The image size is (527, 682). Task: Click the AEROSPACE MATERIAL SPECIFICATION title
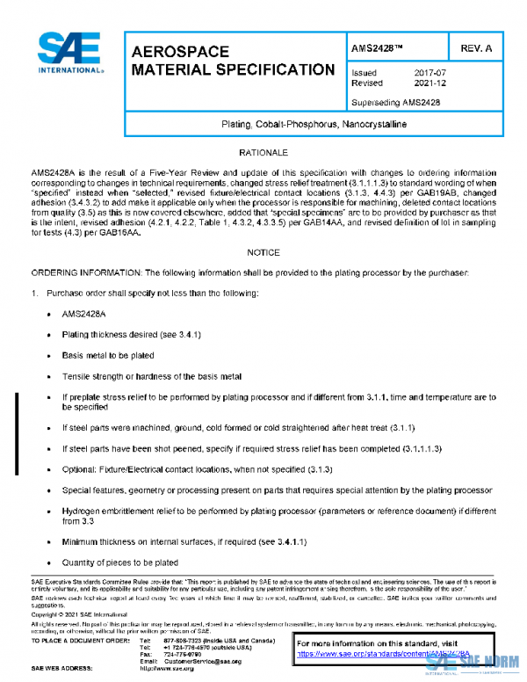pyautogui.click(x=232, y=61)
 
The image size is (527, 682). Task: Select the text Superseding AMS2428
pyautogui.click(x=395, y=102)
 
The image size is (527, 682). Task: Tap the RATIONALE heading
pyautogui.click(x=263, y=153)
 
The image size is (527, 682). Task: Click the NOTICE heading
pyautogui.click(x=263, y=251)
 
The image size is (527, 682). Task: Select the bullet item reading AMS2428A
pyautogui.click(x=83, y=313)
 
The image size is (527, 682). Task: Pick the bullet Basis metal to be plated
pyautogui.click(x=107, y=356)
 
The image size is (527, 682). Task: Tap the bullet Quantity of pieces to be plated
pyautogui.click(x=119, y=562)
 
